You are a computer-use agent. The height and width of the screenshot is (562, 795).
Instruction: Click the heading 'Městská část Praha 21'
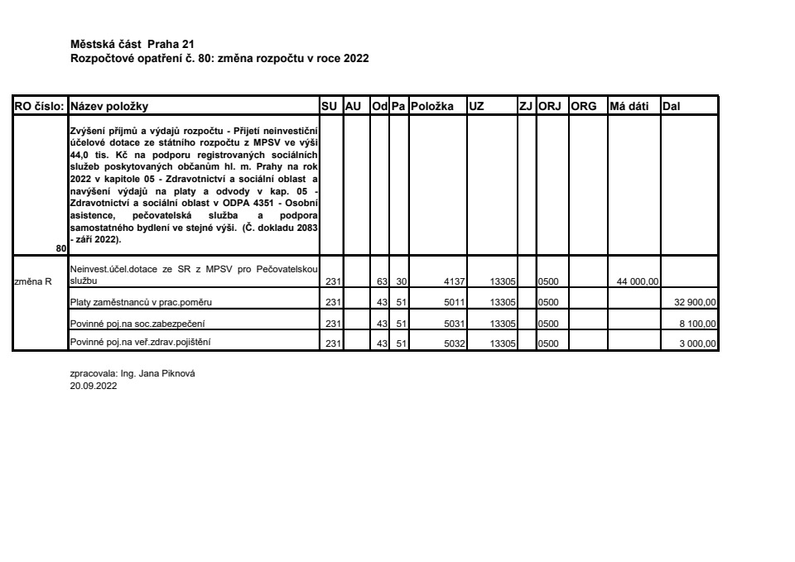click(133, 43)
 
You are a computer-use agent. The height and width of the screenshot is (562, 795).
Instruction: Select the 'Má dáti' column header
click(629, 106)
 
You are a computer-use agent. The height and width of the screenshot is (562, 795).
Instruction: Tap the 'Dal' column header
click(671, 106)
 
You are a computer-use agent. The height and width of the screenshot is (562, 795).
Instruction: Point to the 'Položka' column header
click(433, 106)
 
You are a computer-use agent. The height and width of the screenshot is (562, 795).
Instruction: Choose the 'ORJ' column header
click(550, 106)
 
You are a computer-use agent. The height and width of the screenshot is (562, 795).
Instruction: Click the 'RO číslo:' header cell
click(39, 106)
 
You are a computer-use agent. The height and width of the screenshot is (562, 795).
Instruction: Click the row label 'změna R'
click(34, 281)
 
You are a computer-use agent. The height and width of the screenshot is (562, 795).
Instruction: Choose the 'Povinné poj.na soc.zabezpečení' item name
click(132, 323)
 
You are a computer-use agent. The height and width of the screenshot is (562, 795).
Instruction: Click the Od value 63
click(382, 282)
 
